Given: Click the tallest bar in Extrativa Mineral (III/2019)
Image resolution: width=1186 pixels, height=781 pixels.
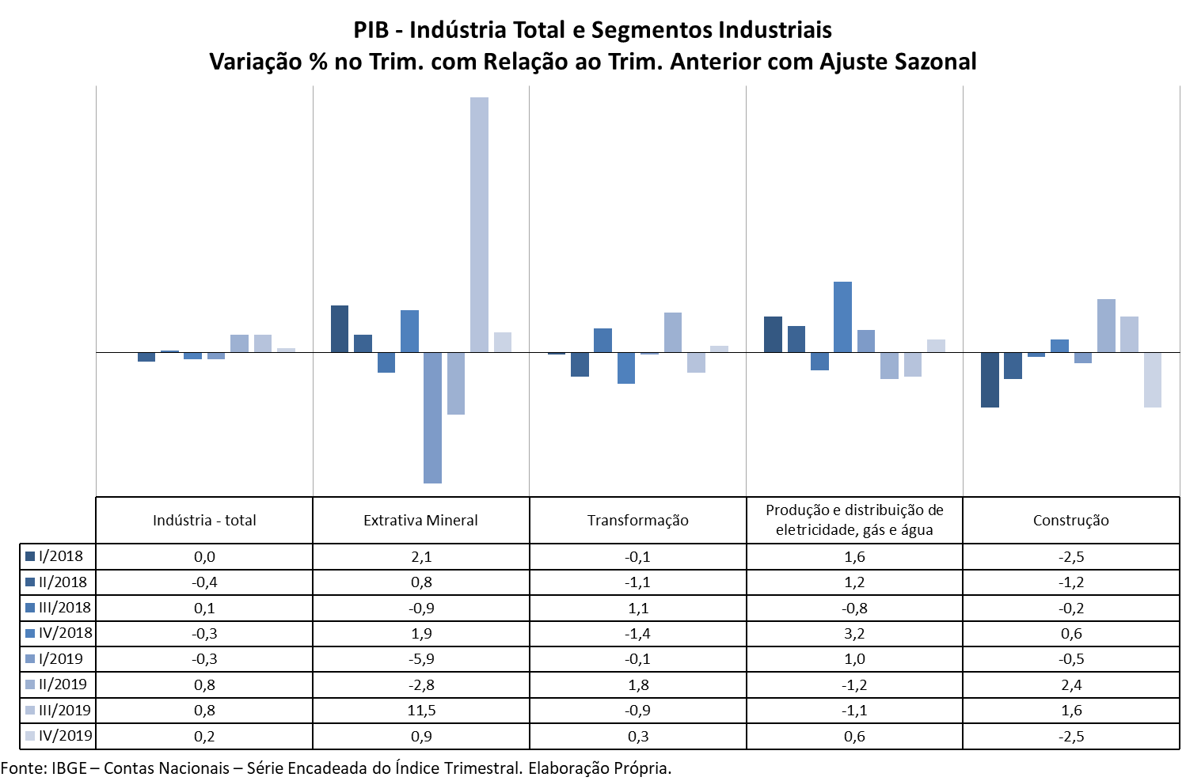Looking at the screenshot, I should pos(479,225).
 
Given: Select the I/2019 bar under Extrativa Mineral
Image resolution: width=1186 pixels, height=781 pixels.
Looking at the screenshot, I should pos(432,417).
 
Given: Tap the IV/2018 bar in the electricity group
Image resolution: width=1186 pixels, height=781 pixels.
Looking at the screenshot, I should pos(842,317).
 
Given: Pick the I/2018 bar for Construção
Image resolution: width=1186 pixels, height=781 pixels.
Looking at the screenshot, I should pos(990,380).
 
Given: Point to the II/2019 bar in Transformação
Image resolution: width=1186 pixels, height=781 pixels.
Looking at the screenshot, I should pos(672,332).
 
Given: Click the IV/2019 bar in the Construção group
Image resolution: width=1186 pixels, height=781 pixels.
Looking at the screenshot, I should pos(1152,380).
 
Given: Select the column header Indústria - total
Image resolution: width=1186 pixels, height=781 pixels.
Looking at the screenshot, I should pos(204,521).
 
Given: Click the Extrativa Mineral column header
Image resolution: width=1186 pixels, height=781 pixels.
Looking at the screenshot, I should pos(420,521).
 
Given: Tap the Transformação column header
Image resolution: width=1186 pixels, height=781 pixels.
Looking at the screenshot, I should pos(637,521).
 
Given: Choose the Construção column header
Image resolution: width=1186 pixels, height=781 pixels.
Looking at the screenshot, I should pos(1070,521).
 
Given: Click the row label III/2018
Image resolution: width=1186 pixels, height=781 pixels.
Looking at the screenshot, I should pos(64,608).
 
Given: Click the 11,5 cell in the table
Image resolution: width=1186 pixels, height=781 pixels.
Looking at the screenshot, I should pos(421,711).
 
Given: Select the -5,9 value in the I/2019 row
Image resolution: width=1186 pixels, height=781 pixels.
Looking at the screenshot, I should pos(421,659).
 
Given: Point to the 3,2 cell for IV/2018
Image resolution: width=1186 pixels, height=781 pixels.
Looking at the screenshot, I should pos(854,634).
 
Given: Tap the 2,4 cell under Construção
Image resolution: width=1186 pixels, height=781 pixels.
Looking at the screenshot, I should pos(1071,685).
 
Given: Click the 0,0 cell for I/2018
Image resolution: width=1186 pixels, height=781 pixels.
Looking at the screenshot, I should pos(204,557).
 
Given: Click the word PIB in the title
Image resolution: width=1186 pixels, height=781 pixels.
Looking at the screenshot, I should pos(371,30).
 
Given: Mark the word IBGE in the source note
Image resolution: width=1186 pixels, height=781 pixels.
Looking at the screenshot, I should pos(69,768).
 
